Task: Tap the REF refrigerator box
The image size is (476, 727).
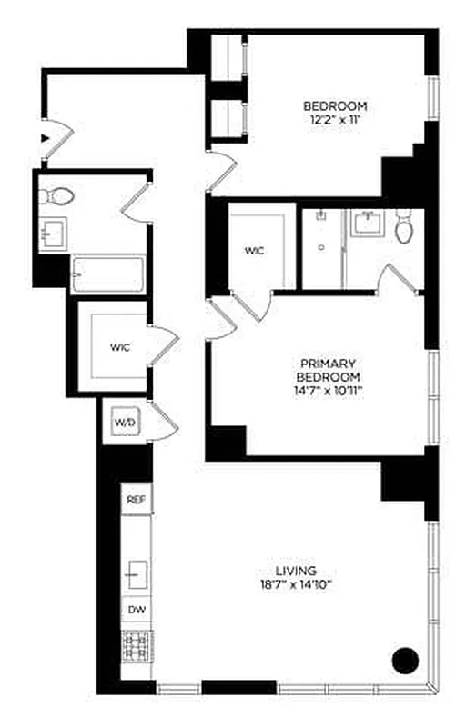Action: click(135, 500)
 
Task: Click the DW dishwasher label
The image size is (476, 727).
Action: click(135, 610)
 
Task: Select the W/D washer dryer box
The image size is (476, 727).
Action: click(124, 423)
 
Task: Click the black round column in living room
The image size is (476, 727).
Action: click(405, 659)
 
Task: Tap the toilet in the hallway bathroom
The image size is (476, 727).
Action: click(57, 195)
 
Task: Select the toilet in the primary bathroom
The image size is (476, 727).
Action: click(403, 228)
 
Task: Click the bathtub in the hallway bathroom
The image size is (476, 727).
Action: click(107, 274)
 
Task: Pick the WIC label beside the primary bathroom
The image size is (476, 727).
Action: click(254, 251)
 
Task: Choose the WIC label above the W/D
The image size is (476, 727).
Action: click(120, 347)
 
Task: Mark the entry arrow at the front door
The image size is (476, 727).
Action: click(44, 138)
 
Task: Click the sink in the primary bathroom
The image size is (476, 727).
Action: click(369, 223)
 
